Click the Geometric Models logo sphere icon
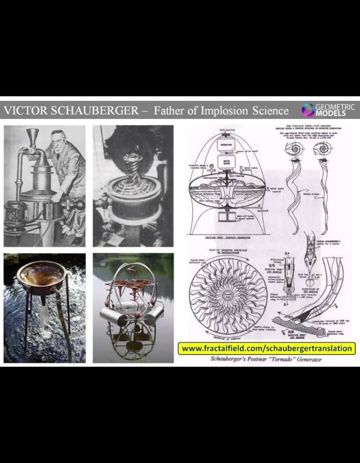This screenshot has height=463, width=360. pyautogui.click(x=308, y=110)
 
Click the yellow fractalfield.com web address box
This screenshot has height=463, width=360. pyautogui.click(x=267, y=348)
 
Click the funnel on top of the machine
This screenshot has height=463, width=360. pyautogui.click(x=33, y=137)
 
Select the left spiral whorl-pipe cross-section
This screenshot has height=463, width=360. pyautogui.click(x=291, y=148)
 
